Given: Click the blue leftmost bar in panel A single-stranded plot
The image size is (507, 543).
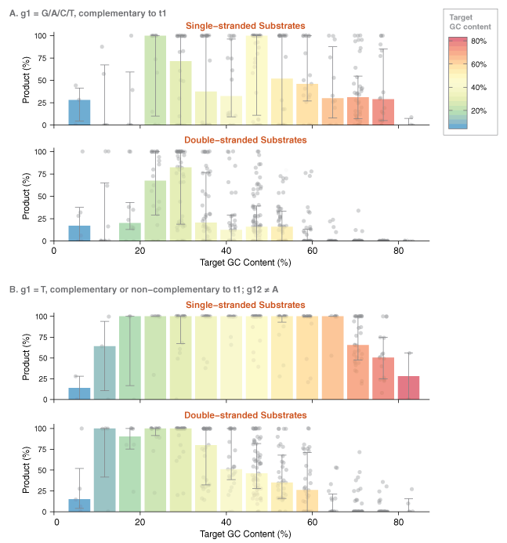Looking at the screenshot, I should [80, 112].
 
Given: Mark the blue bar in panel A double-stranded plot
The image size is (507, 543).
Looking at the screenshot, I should [80, 233].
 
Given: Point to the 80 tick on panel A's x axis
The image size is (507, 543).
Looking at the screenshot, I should [398, 252].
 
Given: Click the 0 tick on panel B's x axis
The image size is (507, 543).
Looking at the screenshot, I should [57, 521].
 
